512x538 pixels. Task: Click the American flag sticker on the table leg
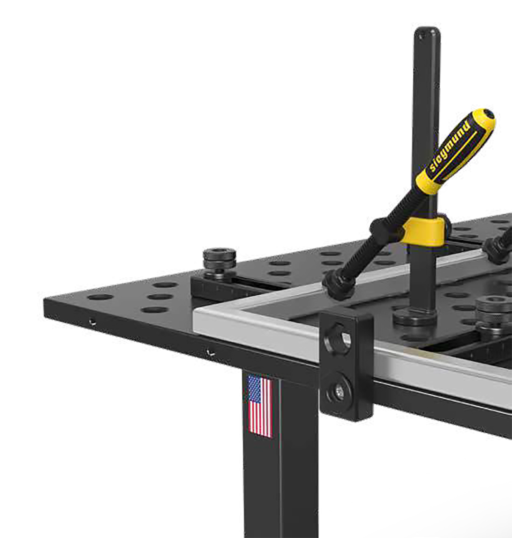click(260, 406)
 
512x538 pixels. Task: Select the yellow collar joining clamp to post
click(423, 232)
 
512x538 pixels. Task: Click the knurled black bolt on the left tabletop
click(219, 259)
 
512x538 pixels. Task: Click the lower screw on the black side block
click(339, 391)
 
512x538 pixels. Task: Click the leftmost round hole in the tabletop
click(100, 297)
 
